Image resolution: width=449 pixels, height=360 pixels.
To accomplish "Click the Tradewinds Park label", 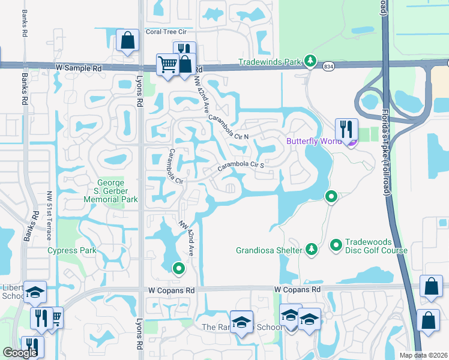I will click(270, 61).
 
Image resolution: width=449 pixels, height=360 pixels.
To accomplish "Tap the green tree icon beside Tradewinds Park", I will click(310, 61).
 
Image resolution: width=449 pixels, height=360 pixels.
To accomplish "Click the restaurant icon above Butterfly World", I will click(346, 128).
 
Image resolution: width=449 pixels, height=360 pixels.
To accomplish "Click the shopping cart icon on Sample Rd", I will click(167, 64).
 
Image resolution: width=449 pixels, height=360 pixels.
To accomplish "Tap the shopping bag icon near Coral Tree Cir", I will click(127, 41).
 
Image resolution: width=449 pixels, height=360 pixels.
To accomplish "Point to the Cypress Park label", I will click(72, 250).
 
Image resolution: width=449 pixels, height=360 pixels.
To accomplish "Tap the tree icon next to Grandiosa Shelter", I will click(311, 248).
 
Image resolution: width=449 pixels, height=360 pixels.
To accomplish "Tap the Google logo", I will click(20, 353).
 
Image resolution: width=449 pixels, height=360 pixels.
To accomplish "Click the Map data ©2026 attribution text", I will click(423, 355).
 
